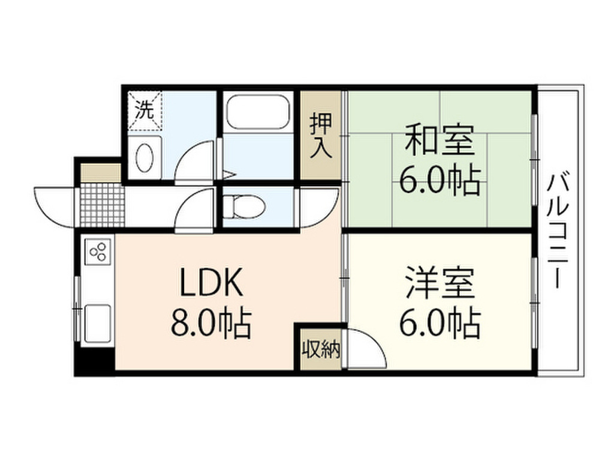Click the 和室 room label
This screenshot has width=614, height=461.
pos(440,142)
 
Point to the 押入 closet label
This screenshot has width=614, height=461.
pos(321,137)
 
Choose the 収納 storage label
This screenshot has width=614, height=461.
pos(321,349)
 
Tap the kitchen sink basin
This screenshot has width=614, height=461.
pos(98,323)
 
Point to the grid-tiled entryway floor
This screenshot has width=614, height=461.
pos(101,203)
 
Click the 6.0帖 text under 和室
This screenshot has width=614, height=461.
pos(440,179)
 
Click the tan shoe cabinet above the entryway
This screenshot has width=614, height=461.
pos(101,172)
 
